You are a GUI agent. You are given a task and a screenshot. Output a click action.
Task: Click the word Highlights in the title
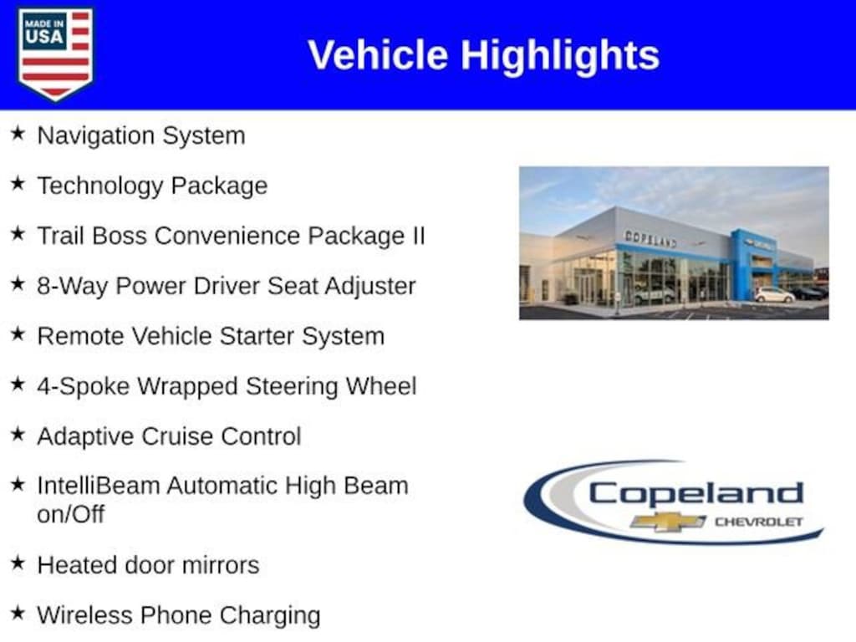click(x=559, y=55)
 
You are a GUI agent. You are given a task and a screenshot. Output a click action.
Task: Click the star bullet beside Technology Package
click(x=18, y=184)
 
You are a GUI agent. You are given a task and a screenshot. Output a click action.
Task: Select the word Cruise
click(x=173, y=436)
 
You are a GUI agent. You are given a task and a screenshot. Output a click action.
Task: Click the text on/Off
click(x=70, y=514)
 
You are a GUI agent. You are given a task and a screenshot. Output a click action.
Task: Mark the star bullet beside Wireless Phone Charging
click(x=18, y=614)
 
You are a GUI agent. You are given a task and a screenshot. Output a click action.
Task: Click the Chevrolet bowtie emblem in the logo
click(x=668, y=522)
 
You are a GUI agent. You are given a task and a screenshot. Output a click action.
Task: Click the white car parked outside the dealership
click(x=774, y=295)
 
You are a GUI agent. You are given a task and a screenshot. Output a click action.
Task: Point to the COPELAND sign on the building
click(x=650, y=238)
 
